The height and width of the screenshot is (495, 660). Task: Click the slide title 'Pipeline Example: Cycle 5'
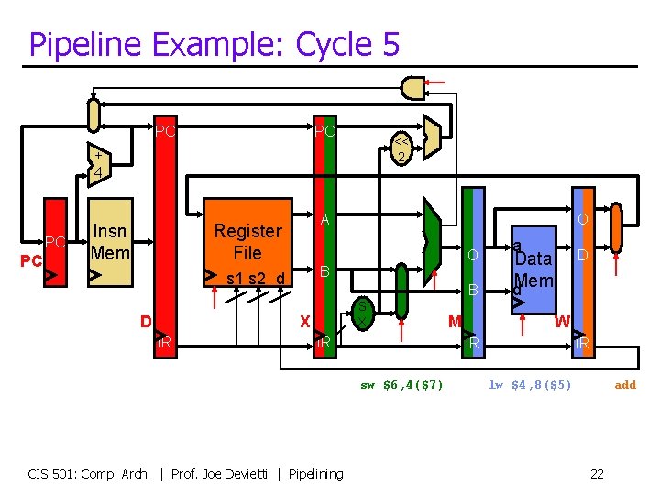[x=214, y=43]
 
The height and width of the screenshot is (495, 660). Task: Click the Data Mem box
[x=533, y=266]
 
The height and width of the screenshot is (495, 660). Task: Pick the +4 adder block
[x=96, y=162]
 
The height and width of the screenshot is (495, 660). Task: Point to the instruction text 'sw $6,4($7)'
[x=401, y=385]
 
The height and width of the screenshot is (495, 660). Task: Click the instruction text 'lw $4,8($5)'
[x=530, y=385]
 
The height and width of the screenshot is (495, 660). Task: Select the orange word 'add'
[x=625, y=385]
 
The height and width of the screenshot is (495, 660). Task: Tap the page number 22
[x=597, y=474]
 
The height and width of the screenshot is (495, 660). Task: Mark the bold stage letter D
[x=145, y=321]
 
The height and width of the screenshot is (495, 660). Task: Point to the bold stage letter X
[x=306, y=321]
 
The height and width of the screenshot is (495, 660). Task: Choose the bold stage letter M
[x=454, y=321]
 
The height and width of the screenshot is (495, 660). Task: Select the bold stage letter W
[x=561, y=321]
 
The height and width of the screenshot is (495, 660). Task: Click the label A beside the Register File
[x=324, y=219]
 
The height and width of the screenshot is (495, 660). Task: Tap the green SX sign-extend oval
[x=363, y=313]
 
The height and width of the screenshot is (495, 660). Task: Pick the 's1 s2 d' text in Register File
[x=254, y=278]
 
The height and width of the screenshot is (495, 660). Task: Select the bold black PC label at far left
[x=32, y=261]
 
